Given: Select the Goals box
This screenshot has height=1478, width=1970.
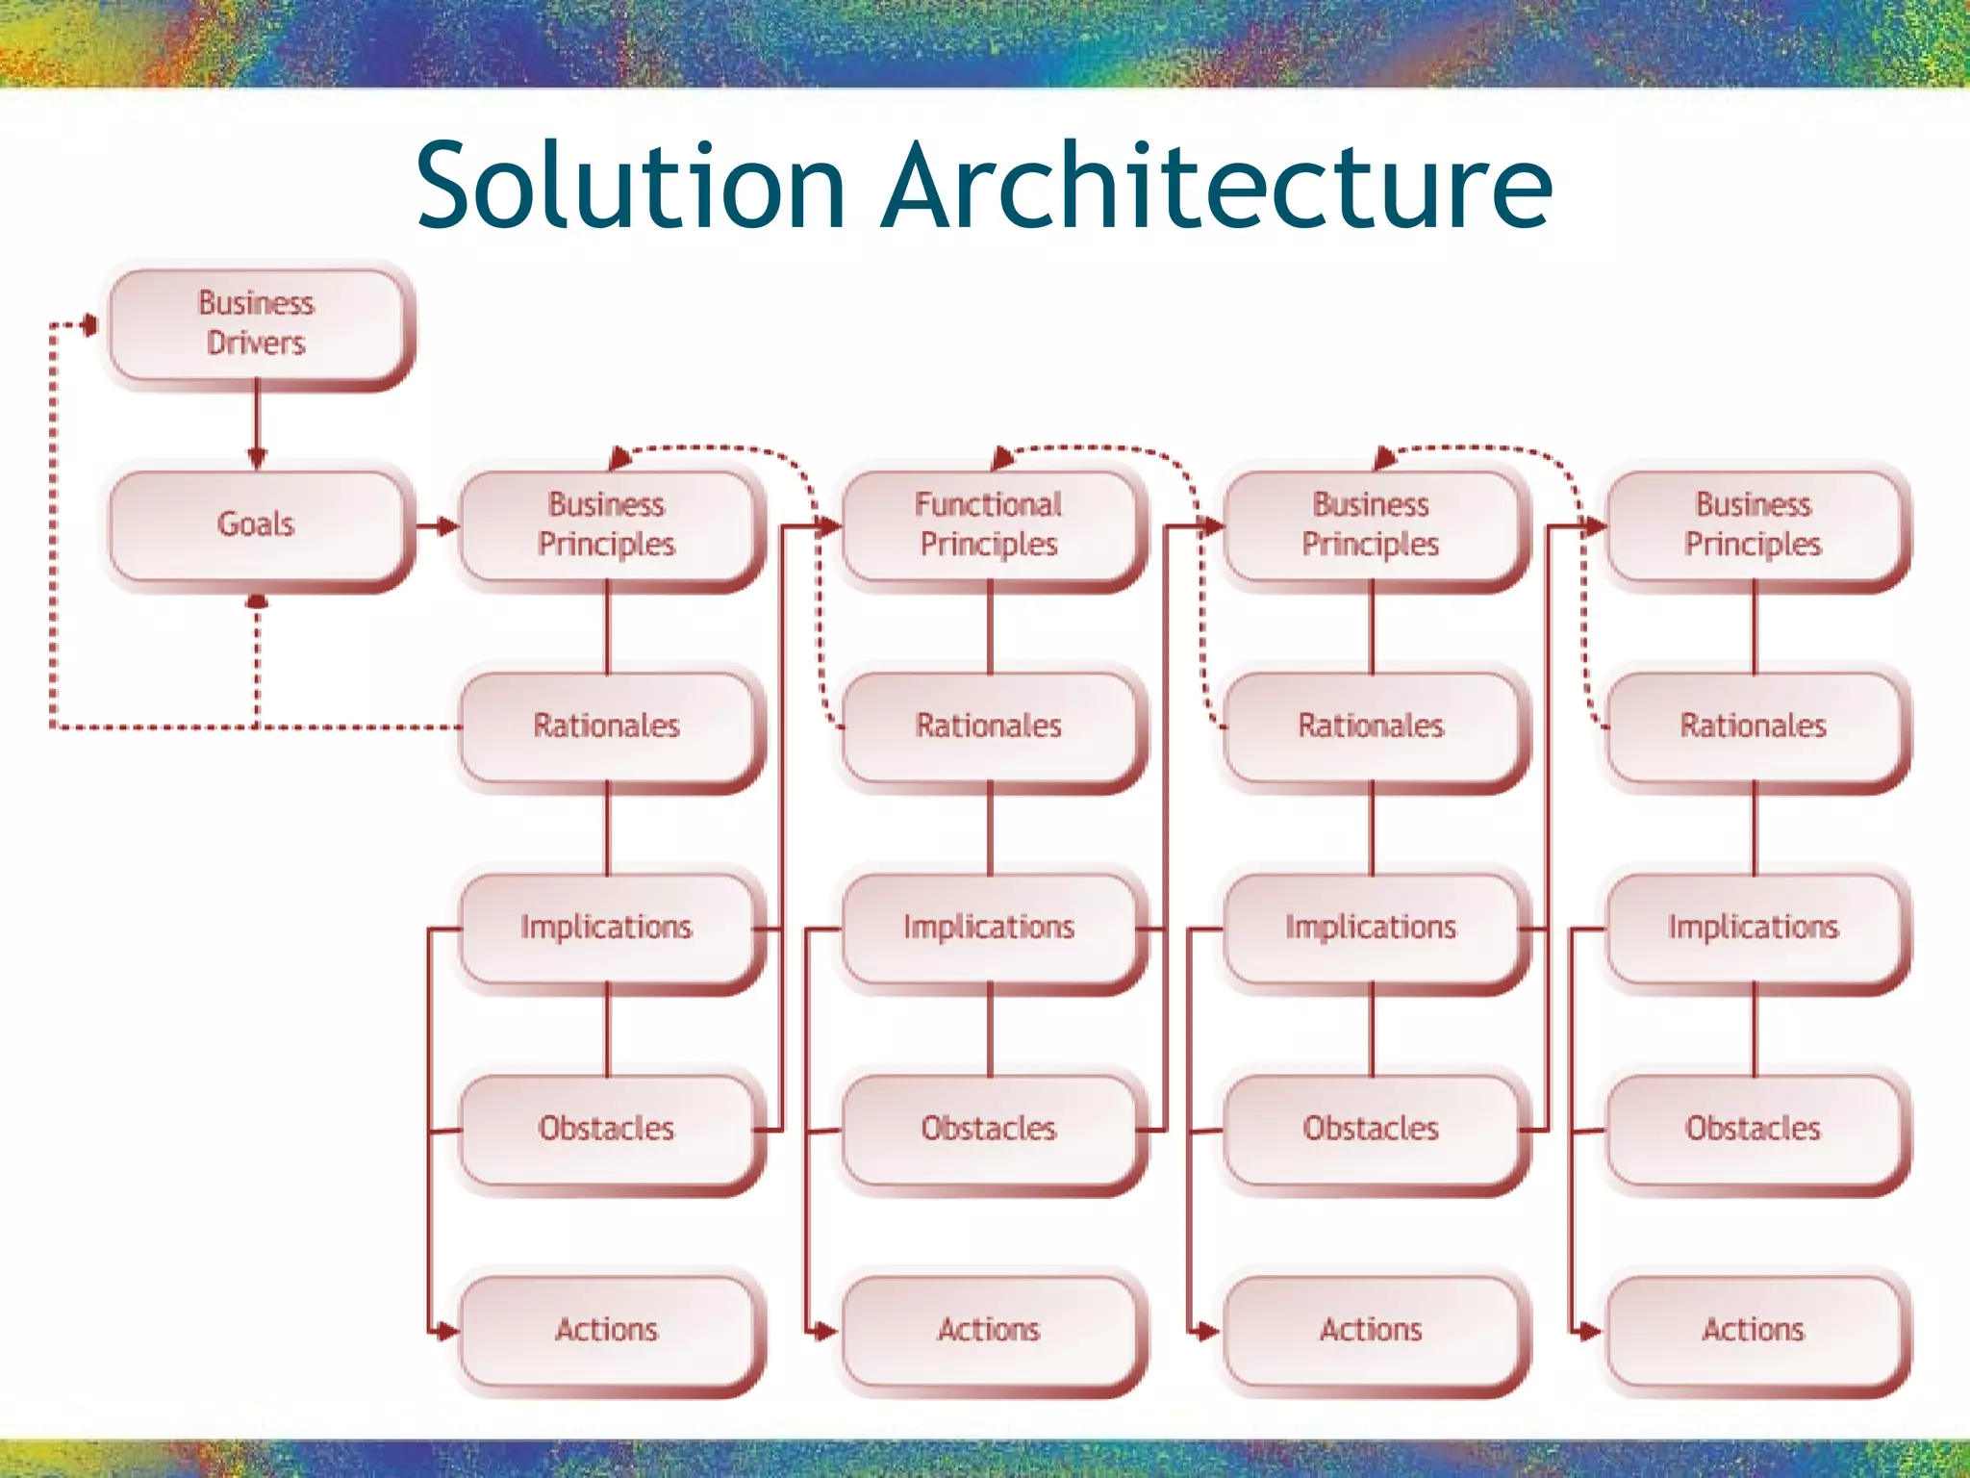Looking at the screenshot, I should tap(257, 525).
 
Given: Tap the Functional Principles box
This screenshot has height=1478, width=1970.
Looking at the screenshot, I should tap(989, 525).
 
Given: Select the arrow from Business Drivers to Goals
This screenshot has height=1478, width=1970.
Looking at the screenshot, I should tap(257, 423).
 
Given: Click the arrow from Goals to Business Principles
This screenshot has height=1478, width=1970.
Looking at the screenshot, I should tap(439, 526).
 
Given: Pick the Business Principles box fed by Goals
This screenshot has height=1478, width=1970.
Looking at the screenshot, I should tap(607, 525).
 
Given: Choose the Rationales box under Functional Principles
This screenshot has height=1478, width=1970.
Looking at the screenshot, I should tap(989, 726).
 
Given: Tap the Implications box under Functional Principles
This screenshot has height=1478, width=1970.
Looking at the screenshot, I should tap(989, 928).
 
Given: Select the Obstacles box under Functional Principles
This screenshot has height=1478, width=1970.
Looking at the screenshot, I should tap(989, 1129).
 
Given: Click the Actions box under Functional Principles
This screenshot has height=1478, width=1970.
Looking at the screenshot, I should tap(989, 1331).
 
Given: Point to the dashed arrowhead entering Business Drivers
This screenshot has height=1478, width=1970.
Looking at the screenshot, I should tap(89, 325).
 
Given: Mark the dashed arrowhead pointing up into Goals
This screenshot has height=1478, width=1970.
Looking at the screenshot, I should tap(257, 601).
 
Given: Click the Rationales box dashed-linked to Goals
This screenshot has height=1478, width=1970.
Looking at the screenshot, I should tap(607, 726).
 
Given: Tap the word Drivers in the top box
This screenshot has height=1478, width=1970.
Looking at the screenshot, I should tap(256, 344).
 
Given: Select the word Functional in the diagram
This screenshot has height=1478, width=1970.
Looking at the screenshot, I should tap(988, 504).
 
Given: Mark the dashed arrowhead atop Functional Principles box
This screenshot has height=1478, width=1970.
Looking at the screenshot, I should tap(1001, 458).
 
